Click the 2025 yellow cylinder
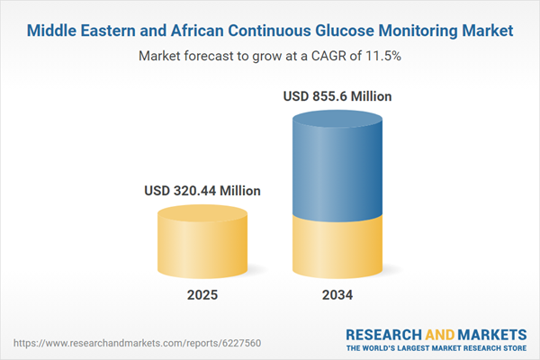point(202,245)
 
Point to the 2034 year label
point(338,295)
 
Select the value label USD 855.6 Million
point(338,95)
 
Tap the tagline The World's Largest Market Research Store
point(436,347)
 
